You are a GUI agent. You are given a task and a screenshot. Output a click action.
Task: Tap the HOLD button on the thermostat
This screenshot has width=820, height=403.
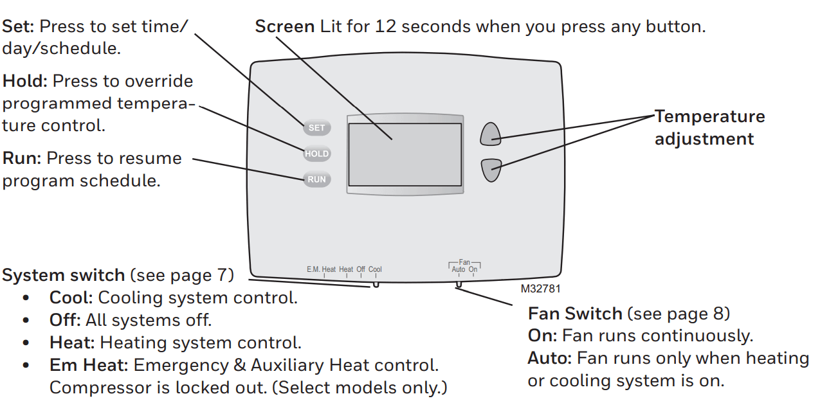tap(316, 154)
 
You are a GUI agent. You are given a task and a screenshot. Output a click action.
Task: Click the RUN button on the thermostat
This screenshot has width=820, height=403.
tap(316, 179)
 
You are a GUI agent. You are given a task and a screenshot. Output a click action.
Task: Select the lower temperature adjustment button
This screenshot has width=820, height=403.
tap(491, 170)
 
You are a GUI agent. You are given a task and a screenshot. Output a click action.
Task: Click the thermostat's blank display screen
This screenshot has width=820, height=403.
tap(405, 154)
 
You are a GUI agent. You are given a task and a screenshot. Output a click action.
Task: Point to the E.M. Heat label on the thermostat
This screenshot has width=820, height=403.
tap(321, 270)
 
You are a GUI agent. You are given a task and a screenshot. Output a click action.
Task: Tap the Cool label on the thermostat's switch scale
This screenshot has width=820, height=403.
tap(375, 270)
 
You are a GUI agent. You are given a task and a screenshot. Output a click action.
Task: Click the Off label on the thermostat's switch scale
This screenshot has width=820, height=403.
tap(361, 270)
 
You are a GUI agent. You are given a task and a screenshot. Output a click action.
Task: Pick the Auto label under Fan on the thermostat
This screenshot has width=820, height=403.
tap(458, 270)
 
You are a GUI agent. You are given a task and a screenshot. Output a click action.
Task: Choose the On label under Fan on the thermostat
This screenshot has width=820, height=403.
tap(473, 270)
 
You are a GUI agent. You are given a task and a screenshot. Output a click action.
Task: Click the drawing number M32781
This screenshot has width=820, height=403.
tap(541, 289)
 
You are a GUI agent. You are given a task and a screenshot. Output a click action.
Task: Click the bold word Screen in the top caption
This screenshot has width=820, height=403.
tap(284, 27)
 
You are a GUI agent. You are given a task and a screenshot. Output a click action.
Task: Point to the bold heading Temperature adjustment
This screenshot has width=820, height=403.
tap(709, 127)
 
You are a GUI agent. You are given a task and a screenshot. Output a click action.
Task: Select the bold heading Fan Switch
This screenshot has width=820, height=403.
tap(574, 314)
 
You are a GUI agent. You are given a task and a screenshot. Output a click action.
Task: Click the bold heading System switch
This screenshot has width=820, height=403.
tap(63, 276)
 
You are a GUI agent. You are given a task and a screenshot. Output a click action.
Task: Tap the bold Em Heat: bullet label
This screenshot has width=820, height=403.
tap(89, 366)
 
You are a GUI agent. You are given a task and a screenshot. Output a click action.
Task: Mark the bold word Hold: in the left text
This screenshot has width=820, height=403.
tap(25, 82)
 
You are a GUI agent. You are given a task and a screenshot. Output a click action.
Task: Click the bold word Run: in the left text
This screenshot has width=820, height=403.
tap(21, 158)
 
